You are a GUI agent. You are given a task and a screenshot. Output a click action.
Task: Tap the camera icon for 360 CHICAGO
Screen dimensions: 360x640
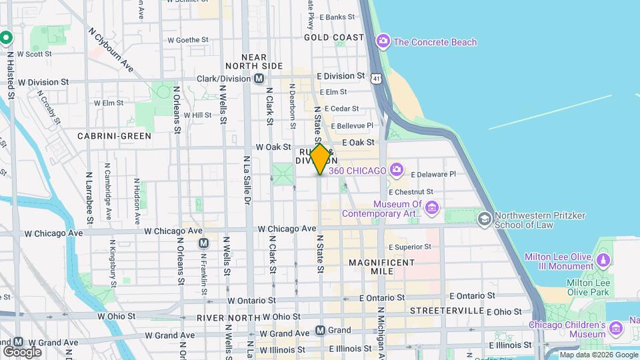point(397,171)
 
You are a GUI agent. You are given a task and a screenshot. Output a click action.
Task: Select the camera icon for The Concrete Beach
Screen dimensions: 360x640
point(383,42)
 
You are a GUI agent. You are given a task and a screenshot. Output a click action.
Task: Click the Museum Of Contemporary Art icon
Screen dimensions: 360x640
point(431,209)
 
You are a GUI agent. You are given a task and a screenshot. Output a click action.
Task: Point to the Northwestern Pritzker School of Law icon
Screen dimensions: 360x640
point(484,219)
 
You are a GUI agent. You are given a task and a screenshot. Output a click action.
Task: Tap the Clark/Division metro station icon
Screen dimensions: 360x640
point(259,79)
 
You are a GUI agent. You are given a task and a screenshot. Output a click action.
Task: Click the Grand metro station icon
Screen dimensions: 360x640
point(320,330)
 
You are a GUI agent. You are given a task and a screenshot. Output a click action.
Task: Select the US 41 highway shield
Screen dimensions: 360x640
point(377,79)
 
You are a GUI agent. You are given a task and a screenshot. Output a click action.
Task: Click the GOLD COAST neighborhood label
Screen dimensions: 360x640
point(334,37)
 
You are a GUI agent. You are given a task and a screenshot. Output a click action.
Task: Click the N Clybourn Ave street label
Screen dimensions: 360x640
point(111,49)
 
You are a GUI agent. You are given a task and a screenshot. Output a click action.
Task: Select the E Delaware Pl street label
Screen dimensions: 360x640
point(433,175)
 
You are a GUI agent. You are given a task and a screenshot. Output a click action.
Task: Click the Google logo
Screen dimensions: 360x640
point(22,351)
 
